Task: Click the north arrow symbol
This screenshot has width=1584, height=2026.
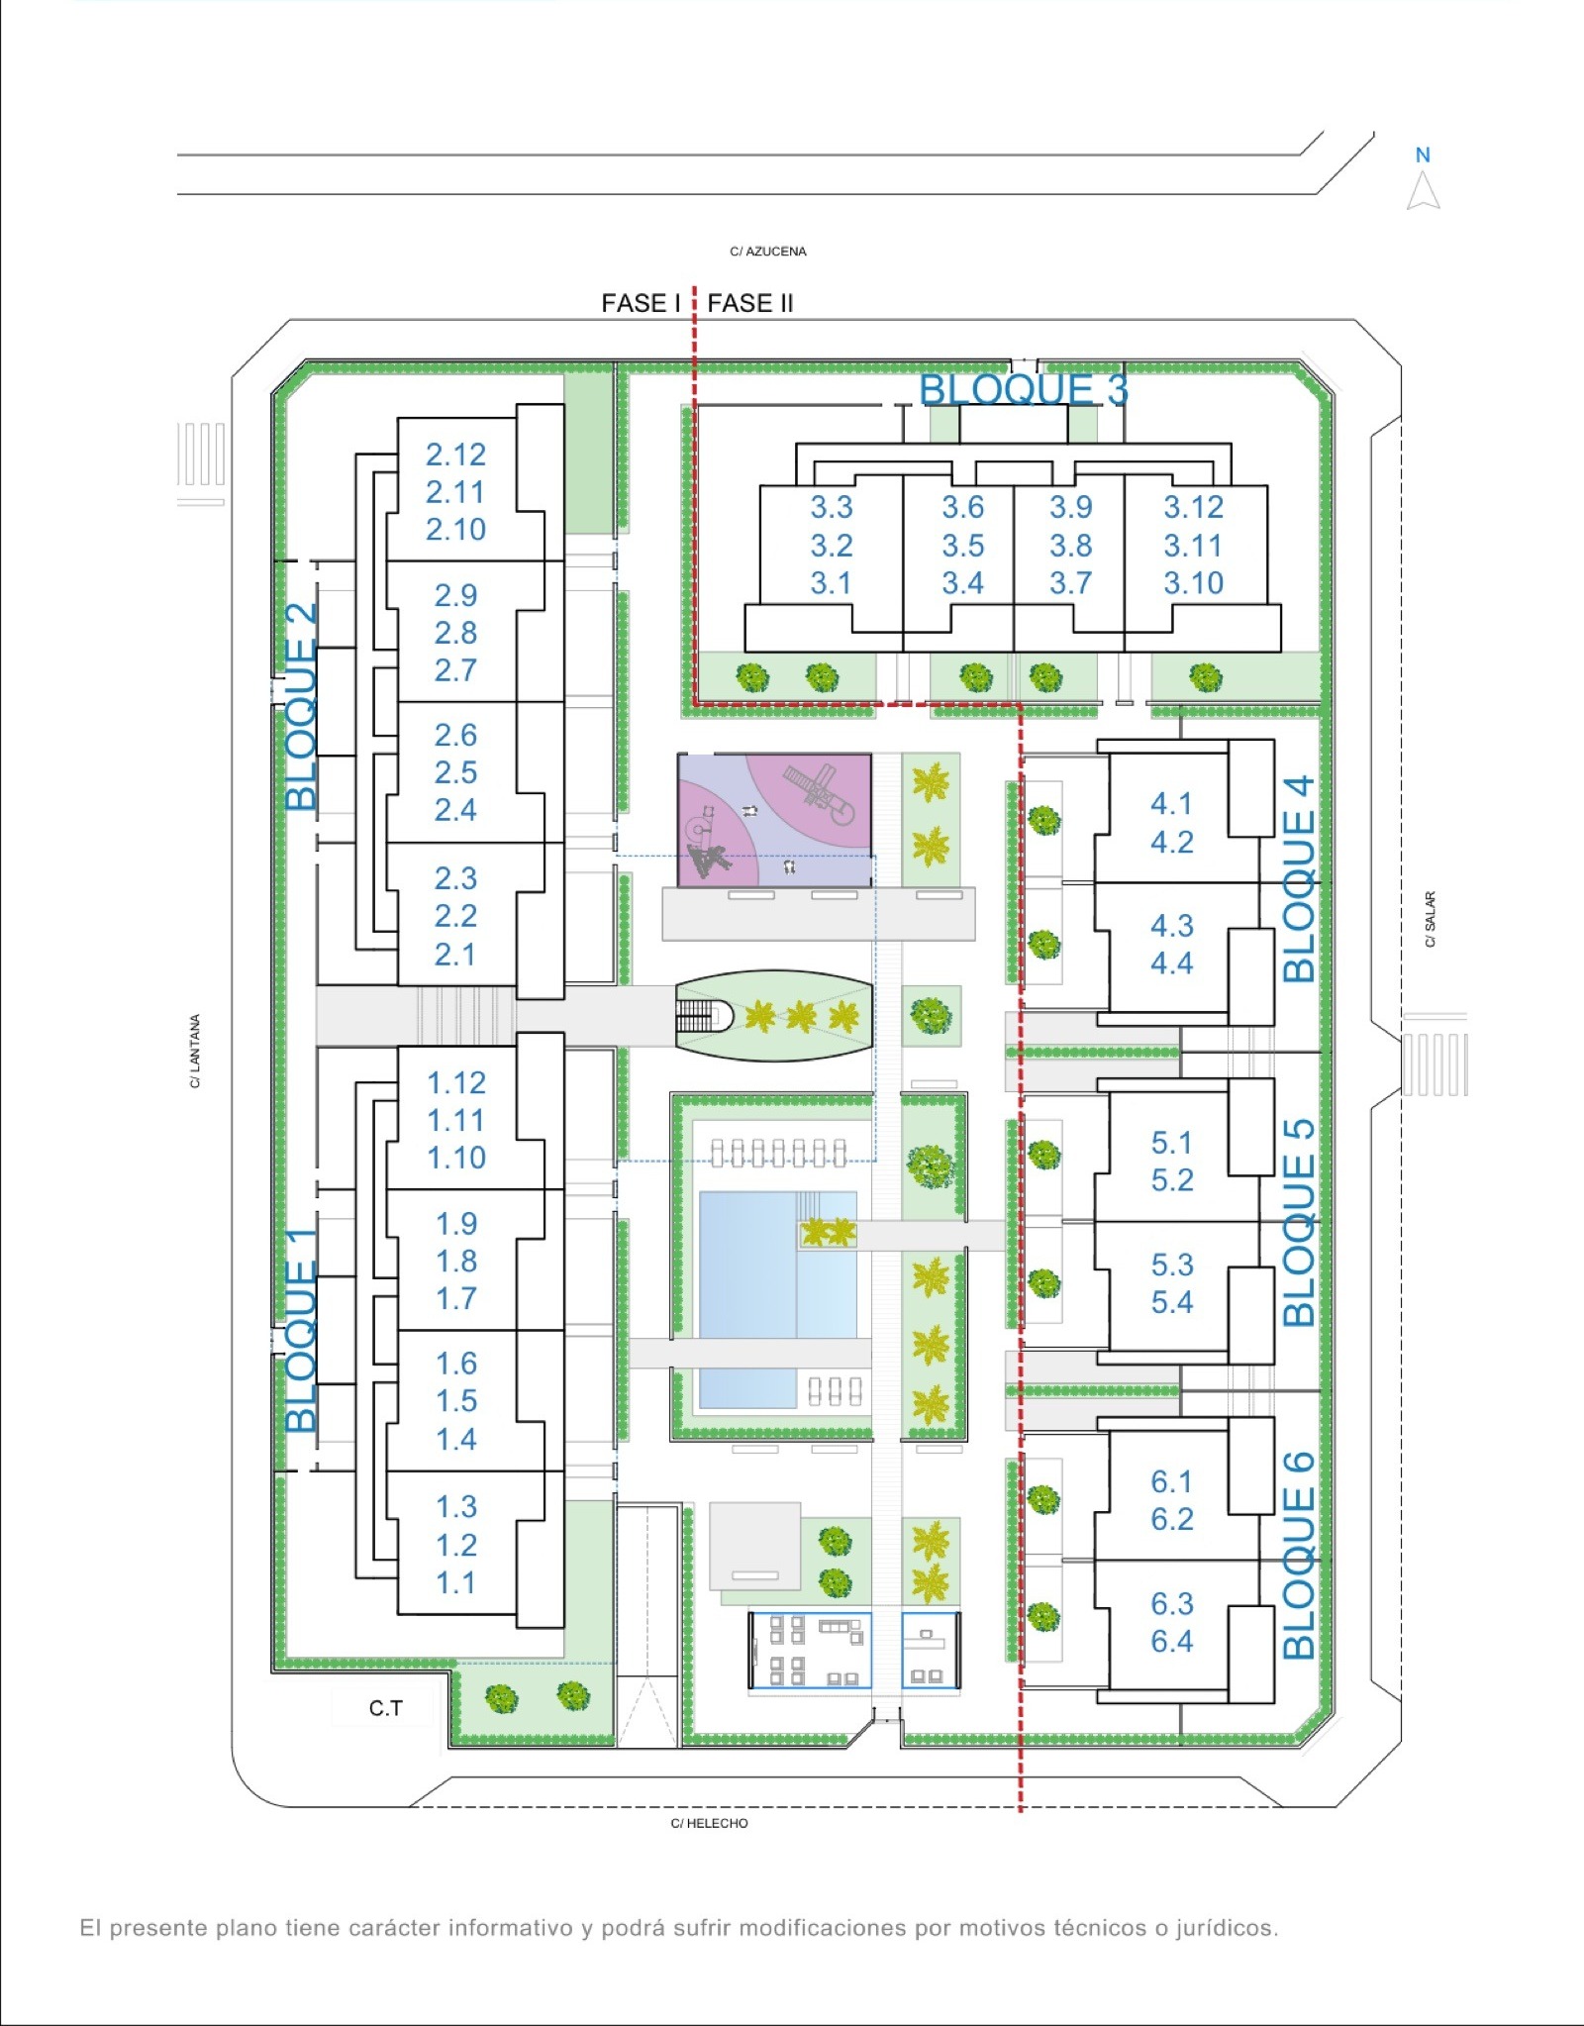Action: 1423,190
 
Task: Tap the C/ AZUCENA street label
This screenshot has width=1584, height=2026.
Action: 768,252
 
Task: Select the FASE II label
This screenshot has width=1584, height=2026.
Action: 750,303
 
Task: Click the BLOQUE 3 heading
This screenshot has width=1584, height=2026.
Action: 1024,389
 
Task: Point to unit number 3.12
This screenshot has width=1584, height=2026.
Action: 1193,507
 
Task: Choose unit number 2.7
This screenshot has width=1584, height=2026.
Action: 455,670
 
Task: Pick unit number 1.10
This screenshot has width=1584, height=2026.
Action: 455,1158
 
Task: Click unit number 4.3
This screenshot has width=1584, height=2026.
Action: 1171,926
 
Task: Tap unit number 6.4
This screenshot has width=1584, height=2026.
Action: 1171,1641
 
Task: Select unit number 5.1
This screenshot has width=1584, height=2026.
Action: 1171,1143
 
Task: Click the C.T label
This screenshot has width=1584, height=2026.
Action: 386,1708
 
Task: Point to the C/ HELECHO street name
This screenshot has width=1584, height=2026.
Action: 709,1823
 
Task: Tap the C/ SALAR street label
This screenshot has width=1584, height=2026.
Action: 1430,919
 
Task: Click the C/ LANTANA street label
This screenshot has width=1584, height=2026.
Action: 195,1051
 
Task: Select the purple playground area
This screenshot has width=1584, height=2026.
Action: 775,820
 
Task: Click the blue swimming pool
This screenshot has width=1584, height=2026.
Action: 778,1299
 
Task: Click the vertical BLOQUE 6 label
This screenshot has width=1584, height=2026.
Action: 1298,1555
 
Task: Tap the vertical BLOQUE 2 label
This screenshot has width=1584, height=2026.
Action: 301,706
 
